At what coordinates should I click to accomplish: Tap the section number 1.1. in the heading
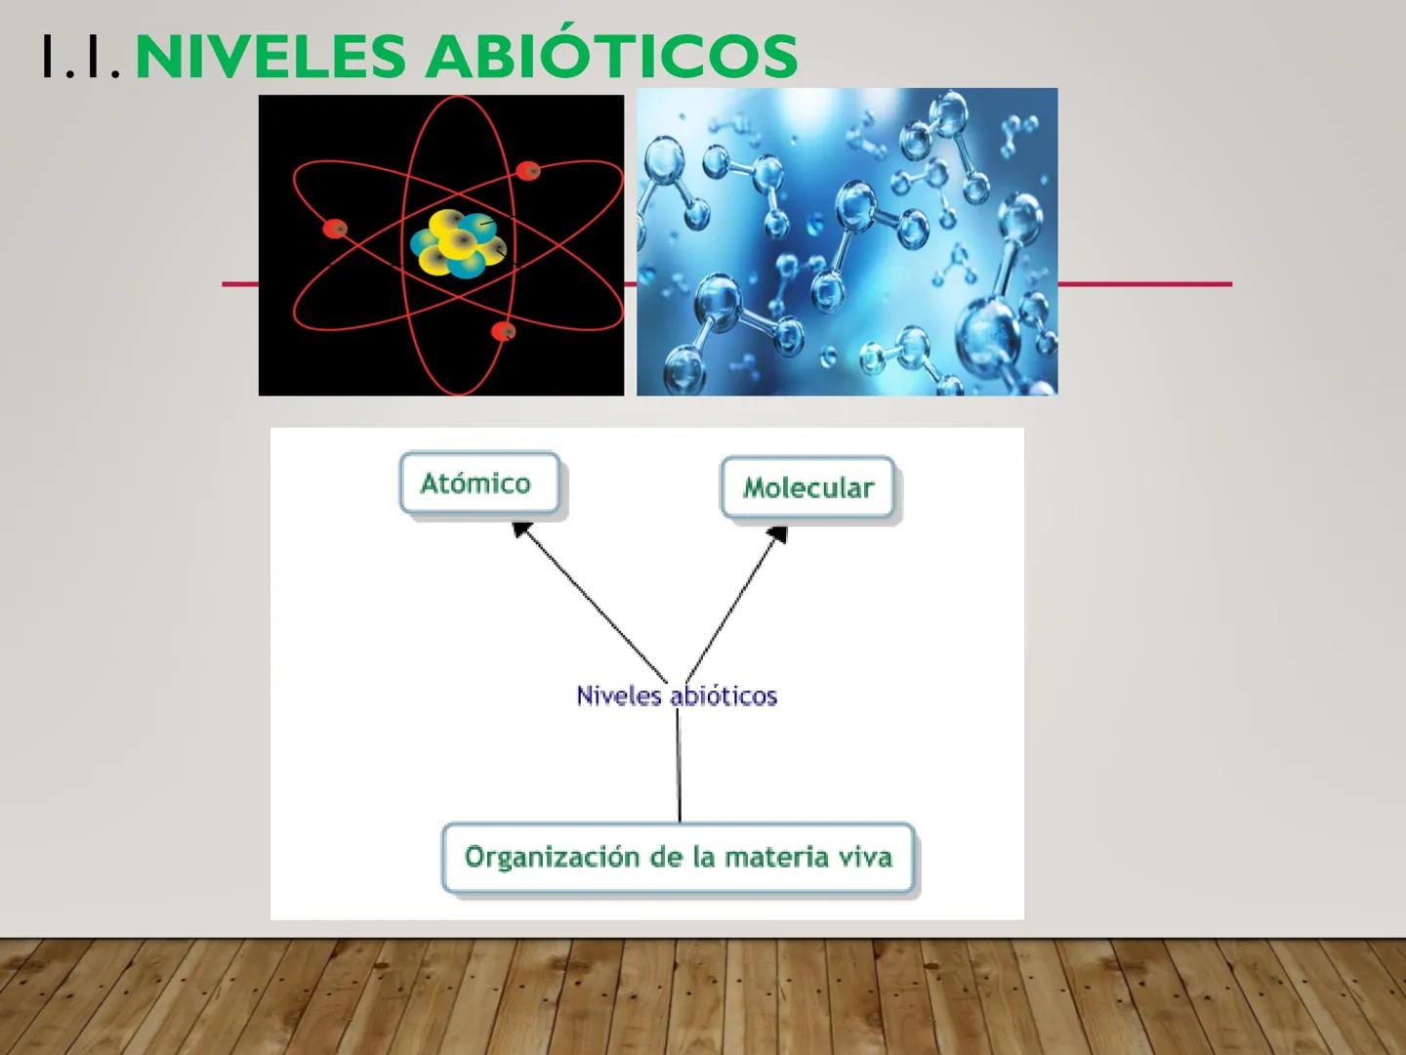tap(81, 57)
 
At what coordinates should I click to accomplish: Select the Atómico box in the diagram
tap(478, 483)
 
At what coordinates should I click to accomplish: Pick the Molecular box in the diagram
tap(807, 487)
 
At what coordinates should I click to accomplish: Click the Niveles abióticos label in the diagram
tap(676, 696)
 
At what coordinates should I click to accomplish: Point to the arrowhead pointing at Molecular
tap(778, 534)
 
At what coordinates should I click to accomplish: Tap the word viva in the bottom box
tap(864, 857)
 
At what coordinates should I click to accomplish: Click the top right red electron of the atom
tap(528, 170)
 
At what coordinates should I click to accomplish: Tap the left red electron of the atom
tap(335, 229)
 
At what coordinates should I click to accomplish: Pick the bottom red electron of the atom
tap(504, 332)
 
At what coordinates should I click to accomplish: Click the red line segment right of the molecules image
tap(1144, 284)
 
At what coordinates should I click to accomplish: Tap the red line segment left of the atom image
tap(240, 284)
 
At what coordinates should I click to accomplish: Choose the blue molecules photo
tap(847, 241)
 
